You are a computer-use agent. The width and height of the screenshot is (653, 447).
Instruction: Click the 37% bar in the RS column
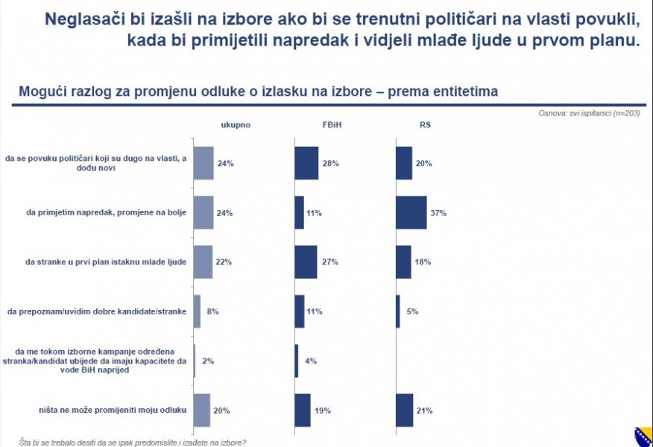pyautogui.click(x=411, y=213)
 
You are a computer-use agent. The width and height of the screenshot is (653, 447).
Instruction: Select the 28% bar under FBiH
pyautogui.click(x=306, y=163)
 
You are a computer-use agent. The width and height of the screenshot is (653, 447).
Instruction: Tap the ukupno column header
pyautogui.click(x=236, y=124)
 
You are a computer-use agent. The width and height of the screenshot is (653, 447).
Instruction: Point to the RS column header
pyautogui.click(x=426, y=124)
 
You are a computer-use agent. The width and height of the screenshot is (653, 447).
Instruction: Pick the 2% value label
pyautogui.click(x=208, y=361)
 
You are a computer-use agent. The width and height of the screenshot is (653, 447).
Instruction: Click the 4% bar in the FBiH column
pyautogui.click(x=297, y=361)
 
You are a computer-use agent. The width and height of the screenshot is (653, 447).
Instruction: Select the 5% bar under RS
pyautogui.click(x=398, y=311)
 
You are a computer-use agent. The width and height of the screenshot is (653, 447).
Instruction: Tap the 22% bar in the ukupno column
pyautogui.click(x=203, y=262)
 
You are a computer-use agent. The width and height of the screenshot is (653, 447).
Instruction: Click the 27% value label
pyautogui.click(x=329, y=262)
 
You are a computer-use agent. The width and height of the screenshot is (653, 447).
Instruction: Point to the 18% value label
pyautogui.click(x=423, y=262)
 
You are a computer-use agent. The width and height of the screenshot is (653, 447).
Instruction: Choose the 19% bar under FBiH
pyautogui.click(x=303, y=410)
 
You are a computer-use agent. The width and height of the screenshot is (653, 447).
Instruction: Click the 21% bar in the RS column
pyautogui.click(x=404, y=410)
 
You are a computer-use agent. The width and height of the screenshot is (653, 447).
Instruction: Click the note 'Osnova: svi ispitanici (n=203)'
pyautogui.click(x=589, y=113)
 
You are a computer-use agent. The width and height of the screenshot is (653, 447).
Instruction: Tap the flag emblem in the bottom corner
pyautogui.click(x=643, y=437)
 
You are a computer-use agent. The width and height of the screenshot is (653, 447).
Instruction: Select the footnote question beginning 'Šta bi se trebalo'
pyautogui.click(x=132, y=442)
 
